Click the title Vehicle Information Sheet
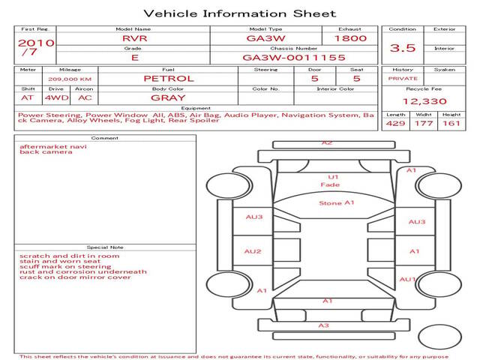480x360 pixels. point(240,13)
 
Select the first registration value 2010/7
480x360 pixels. point(36,46)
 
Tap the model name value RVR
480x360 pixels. point(135,38)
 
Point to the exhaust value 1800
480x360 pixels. point(350,38)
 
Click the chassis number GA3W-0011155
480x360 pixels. point(294,58)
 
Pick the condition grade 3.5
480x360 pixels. point(403,48)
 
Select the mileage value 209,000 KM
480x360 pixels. point(70,79)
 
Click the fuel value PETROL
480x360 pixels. point(169,79)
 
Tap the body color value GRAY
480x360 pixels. point(168,98)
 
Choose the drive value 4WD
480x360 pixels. point(57,98)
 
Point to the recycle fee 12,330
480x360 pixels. point(424,101)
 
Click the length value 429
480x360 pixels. point(395,123)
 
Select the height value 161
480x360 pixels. point(451,123)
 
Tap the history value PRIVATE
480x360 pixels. point(403,79)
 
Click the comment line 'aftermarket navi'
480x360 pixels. point(53,147)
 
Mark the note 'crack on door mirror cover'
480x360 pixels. point(75,277)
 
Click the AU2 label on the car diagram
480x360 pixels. point(253,251)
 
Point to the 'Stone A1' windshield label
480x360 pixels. point(337,203)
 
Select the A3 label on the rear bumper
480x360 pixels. point(323,325)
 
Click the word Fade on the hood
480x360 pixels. point(330,184)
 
